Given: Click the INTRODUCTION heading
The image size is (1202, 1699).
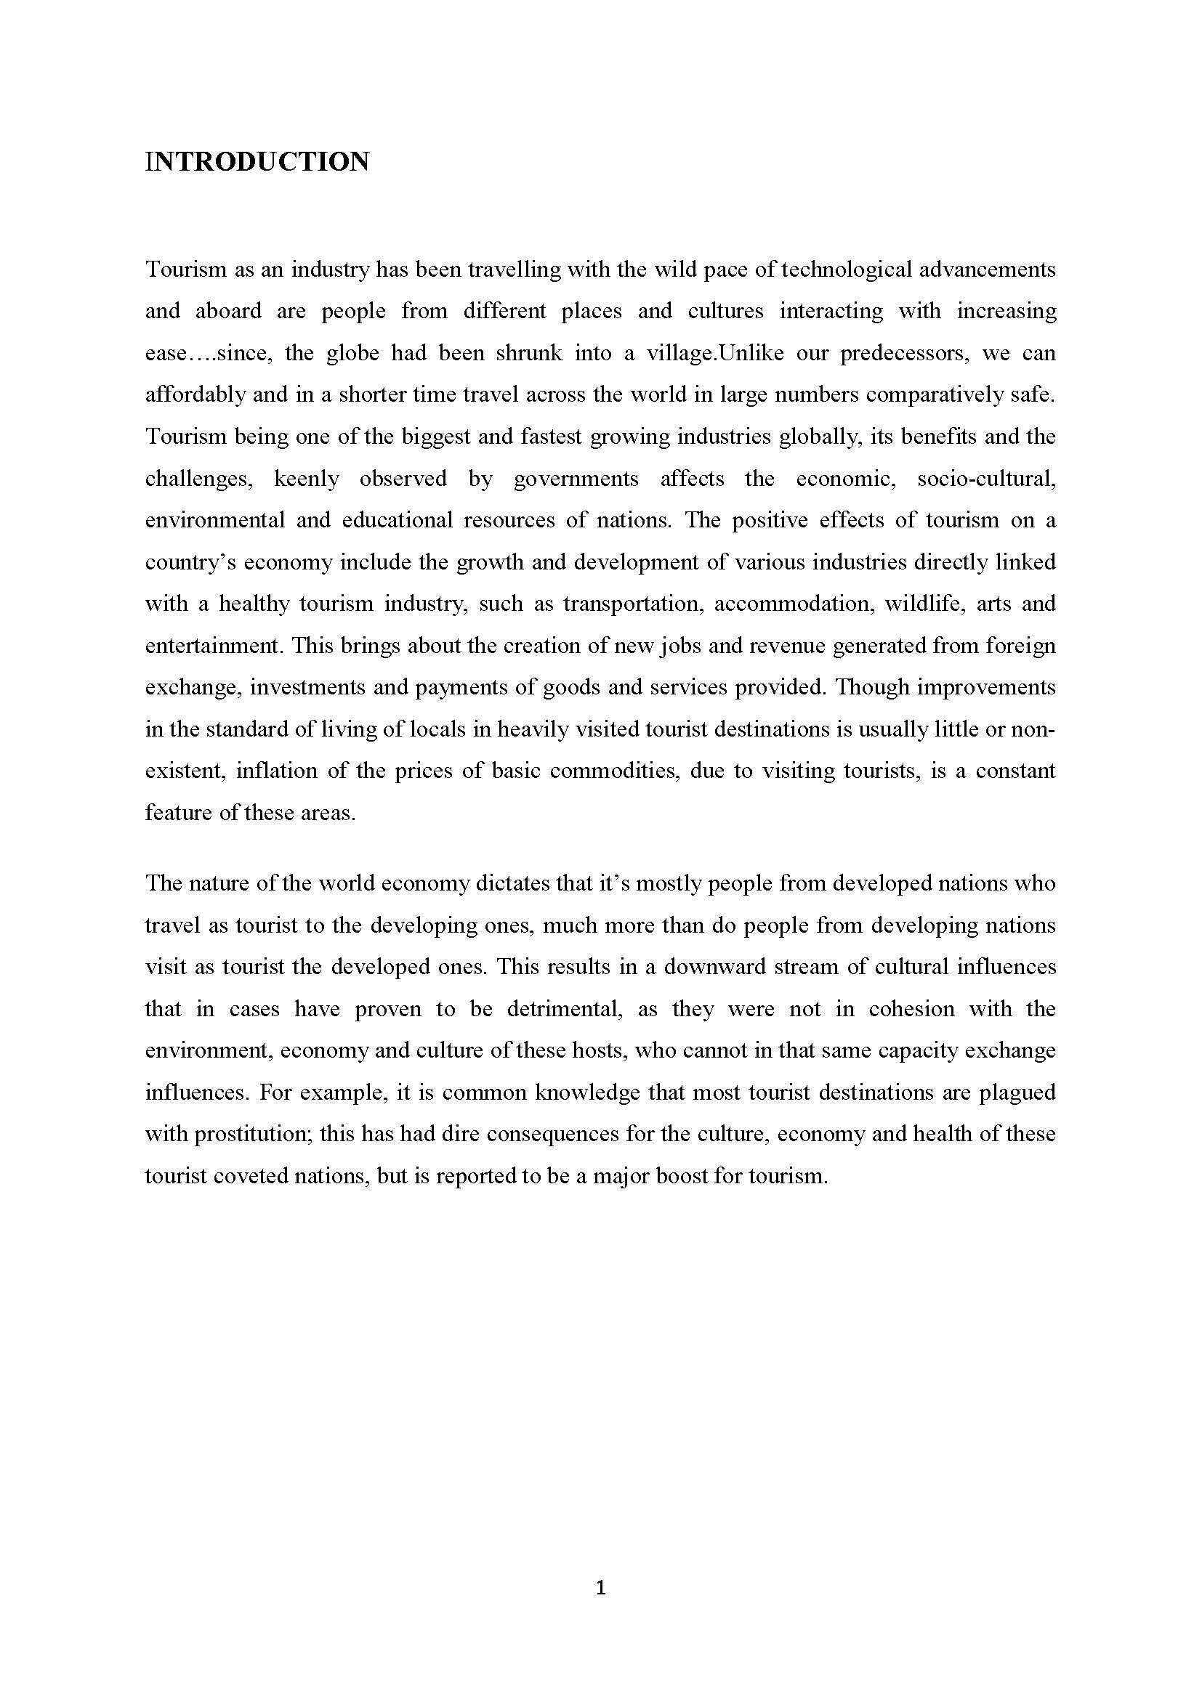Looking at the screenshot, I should [257, 162].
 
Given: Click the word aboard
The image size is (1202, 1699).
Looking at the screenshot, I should [228, 311].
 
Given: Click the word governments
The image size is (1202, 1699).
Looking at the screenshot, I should [576, 479].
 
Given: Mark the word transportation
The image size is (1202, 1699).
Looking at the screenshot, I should [632, 604].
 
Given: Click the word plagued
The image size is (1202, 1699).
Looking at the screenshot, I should [1017, 1093].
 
